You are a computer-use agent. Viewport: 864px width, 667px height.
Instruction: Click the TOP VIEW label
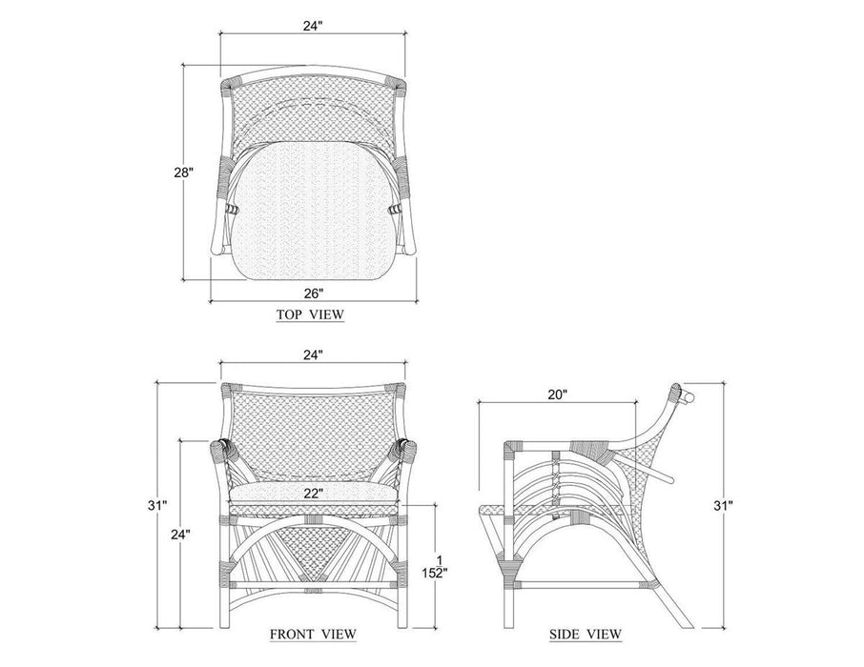pyautogui.click(x=310, y=314)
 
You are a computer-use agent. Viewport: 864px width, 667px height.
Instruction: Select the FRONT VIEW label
pyautogui.click(x=313, y=634)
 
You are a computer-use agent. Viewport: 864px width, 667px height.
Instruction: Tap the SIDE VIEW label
pyautogui.click(x=586, y=634)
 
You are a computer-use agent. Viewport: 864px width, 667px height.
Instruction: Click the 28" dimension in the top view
pyautogui.click(x=184, y=172)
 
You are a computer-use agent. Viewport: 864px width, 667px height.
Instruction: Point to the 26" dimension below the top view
pyautogui.click(x=313, y=293)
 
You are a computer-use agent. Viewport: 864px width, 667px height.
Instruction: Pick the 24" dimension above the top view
pyautogui.click(x=313, y=27)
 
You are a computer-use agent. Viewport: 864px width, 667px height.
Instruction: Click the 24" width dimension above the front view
pyautogui.click(x=313, y=355)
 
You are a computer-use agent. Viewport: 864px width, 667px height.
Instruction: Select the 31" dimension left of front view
pyautogui.click(x=157, y=506)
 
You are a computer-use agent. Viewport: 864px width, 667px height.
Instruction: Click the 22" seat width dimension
pyautogui.click(x=313, y=494)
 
